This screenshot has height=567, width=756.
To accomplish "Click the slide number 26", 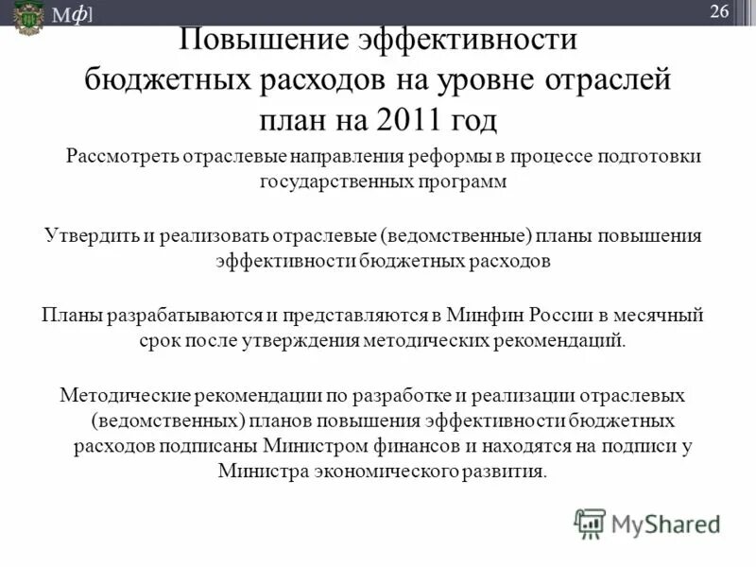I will pyautogui.click(x=719, y=11).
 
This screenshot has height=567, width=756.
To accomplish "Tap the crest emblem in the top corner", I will pyautogui.click(x=28, y=15).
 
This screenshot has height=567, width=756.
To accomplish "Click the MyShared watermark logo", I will pyautogui.click(x=648, y=523).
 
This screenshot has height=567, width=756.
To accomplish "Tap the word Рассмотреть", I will pyautogui.click(x=120, y=156).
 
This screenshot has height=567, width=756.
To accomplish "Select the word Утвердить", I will pyautogui.click(x=92, y=234).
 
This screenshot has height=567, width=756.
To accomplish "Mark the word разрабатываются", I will pyautogui.click(x=180, y=314).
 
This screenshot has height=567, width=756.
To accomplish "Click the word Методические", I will pyautogui.click(x=121, y=393).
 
